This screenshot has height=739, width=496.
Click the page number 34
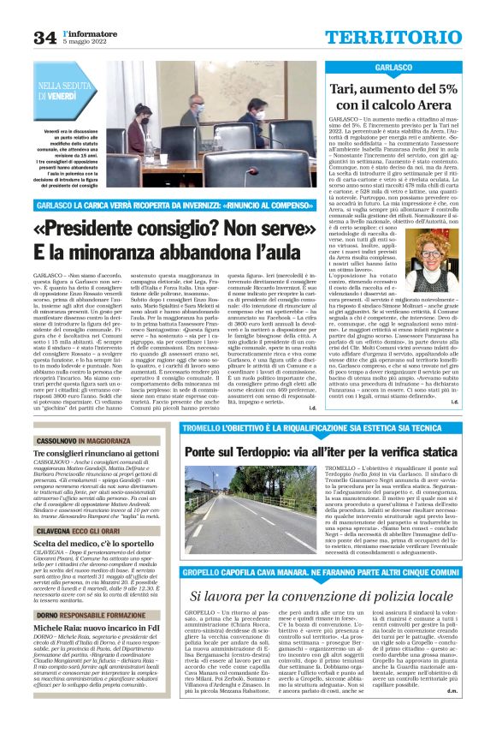pos(44,36)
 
